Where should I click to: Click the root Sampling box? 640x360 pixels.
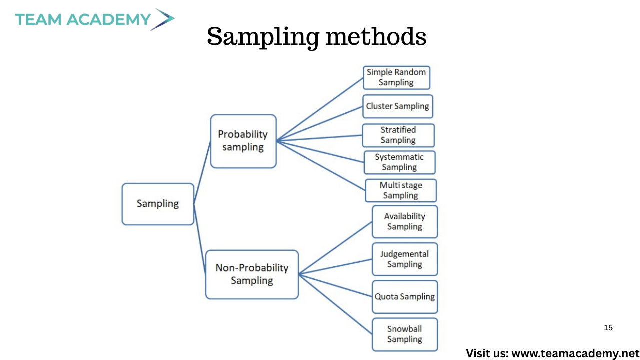158,204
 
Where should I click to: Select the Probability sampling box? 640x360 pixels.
243,141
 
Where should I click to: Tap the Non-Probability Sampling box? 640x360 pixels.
252,274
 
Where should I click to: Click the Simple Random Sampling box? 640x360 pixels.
396,77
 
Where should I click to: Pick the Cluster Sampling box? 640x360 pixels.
398,106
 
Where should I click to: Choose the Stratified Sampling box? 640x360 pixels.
398,135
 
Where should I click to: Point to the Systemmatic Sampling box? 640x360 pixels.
399,162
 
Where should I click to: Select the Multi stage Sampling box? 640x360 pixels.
401,190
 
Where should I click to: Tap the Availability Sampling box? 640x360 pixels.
405,221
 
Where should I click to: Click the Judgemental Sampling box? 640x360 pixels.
405,259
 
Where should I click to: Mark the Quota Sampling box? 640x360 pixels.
405,297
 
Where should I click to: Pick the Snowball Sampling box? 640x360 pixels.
405,334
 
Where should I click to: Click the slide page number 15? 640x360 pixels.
608,328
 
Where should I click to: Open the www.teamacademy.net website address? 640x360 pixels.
575,353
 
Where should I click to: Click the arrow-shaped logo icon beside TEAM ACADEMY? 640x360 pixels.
162,19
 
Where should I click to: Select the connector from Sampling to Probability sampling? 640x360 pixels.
202,172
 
